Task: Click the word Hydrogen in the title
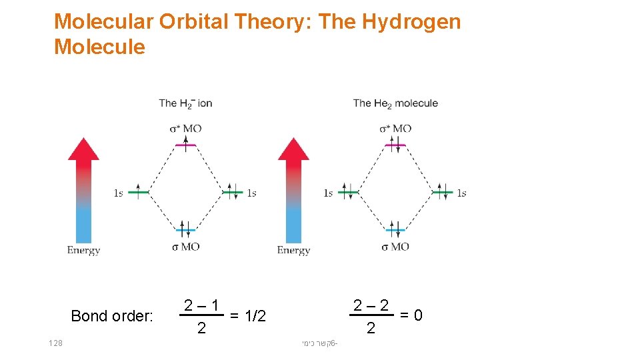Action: point(411,21)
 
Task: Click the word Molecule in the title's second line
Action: point(99,47)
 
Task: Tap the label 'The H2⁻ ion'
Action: point(185,103)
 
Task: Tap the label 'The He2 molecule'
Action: point(395,103)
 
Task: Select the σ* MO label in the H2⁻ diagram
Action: point(185,128)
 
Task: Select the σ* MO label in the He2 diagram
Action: point(395,128)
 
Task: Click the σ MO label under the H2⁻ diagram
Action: point(186,247)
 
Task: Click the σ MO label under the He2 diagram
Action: point(395,247)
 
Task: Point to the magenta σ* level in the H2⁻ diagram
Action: point(185,145)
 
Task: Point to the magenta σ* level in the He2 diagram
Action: point(396,145)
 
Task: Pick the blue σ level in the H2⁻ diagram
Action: point(185,230)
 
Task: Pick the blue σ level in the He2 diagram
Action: point(396,230)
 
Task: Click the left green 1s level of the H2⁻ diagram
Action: point(138,193)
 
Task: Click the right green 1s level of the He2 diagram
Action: point(443,193)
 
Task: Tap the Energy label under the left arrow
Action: point(83,251)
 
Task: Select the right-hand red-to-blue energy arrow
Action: point(293,190)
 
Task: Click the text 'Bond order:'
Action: point(112,315)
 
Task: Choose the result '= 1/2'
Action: point(247,315)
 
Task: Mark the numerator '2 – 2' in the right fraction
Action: point(371,306)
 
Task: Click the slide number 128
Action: point(55,343)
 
